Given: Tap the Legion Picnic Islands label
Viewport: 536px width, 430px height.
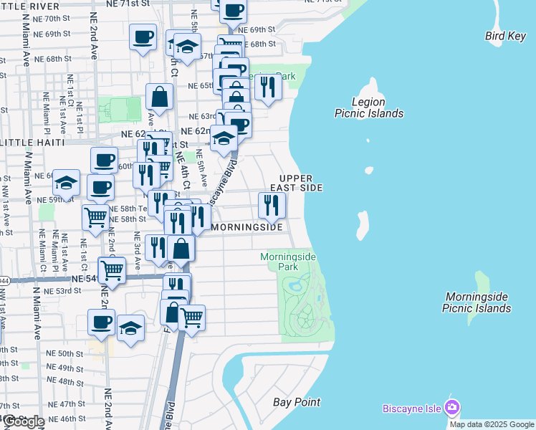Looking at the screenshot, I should click(x=369, y=107).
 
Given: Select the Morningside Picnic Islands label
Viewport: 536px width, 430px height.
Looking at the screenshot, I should click(x=477, y=302).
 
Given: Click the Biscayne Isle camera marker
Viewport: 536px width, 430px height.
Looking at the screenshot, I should click(x=451, y=408).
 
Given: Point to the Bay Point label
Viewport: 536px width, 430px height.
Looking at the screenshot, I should click(x=297, y=402).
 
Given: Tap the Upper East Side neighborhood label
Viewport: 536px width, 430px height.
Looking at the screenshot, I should click(x=300, y=182).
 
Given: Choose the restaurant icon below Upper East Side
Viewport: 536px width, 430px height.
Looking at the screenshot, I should click(x=272, y=206).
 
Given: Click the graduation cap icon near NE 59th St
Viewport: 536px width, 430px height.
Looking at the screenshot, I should click(x=66, y=183).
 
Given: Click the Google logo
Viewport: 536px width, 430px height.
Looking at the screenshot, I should click(x=23, y=421).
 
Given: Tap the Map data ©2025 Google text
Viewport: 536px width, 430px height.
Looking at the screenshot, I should click(x=491, y=424).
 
